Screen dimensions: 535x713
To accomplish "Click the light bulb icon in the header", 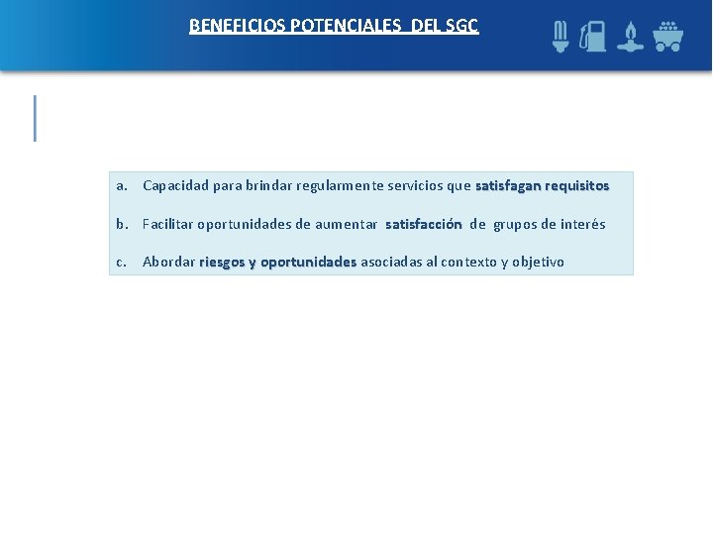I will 560,37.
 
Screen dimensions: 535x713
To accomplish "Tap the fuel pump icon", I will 592,37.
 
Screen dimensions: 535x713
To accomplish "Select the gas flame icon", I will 629,37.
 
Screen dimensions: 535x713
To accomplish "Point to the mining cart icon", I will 667,37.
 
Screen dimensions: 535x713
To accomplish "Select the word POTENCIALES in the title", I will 341,26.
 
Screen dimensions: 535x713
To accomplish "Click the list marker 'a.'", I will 122,185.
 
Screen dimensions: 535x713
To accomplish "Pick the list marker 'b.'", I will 122,224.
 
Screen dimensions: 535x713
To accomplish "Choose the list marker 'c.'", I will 122,263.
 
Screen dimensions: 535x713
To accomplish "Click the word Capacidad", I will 175,185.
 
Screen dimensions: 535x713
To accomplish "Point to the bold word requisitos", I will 576,185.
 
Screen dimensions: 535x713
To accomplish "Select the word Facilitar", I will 167,224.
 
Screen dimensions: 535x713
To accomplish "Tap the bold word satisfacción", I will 423,224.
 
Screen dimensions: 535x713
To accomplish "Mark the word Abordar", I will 168,263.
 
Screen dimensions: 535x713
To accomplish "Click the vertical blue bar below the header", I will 36,118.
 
